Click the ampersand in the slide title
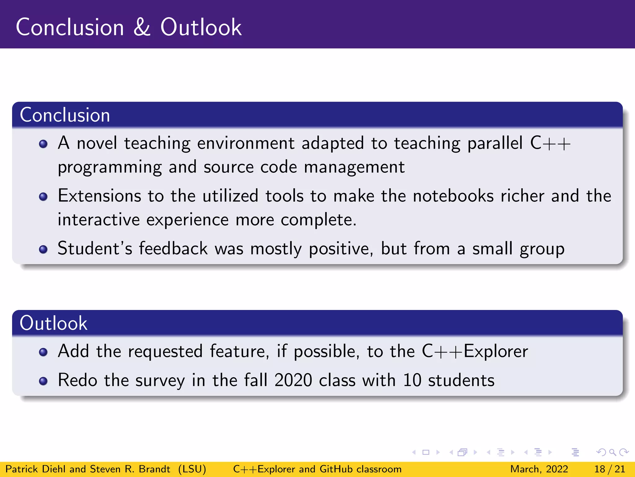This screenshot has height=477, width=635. pos(142,27)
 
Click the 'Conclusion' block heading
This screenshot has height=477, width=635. pos(65,115)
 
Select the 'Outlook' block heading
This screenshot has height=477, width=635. pos(53,323)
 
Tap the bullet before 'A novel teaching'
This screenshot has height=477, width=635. pos(43,144)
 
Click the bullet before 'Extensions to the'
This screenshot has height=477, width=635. pos(43,197)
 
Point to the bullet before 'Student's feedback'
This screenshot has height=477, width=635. pos(43,249)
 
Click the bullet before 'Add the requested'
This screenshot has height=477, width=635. pos(43,352)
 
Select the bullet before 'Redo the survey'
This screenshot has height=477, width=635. pos(43,381)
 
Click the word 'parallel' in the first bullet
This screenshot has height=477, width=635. pos(495,143)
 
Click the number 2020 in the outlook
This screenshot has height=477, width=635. pos(293,380)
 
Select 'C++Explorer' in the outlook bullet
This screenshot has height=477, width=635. pos(475,352)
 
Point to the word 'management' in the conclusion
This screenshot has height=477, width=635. pos(354,167)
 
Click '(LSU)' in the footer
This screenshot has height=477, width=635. pos(192,469)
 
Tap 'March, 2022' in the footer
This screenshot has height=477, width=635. pos(539,469)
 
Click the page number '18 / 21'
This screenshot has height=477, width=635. pos(610,469)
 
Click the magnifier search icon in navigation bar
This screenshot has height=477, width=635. pos(612,452)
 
